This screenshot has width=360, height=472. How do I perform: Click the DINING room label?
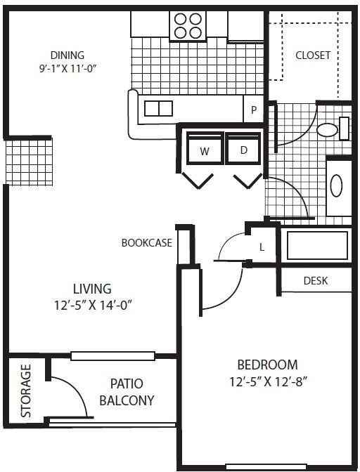click(67, 55)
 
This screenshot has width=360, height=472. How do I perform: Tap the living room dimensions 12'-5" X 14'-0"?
click(93, 306)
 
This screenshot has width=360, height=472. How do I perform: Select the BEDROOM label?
click(267, 365)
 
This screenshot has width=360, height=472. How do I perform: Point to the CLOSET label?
click(313, 55)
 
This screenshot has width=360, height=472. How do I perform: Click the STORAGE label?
click(26, 391)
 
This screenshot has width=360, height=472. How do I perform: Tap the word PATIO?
click(127, 383)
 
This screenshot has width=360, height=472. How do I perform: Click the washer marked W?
click(205, 148)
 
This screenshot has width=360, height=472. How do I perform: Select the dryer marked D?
click(244, 148)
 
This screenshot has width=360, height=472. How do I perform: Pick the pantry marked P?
click(254, 109)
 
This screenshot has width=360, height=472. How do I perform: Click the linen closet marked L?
click(262, 247)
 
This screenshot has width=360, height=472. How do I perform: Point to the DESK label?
click(316, 280)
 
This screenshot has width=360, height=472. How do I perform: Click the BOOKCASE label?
click(147, 242)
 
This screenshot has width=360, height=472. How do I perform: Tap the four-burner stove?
click(188, 25)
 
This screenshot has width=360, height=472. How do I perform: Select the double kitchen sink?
click(158, 108)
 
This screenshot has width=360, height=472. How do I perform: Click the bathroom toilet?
click(333, 129)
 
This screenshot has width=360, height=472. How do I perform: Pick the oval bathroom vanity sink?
click(336, 185)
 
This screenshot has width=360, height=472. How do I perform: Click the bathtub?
click(317, 245)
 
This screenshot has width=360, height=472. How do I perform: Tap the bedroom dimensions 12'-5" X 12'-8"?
click(268, 382)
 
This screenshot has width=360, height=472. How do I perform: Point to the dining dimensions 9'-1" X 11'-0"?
click(67, 69)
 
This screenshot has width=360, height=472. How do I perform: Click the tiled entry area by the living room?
click(30, 162)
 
